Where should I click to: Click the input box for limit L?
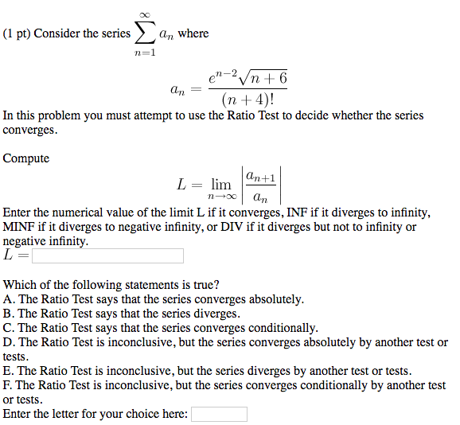click(107, 255)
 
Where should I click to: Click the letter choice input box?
click(219, 414)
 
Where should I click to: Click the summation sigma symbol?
click(145, 33)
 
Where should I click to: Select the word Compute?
click(26, 158)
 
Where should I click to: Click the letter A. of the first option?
click(9, 299)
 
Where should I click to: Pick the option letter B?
click(9, 314)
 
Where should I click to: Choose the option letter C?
click(9, 328)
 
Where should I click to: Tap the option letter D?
click(9, 342)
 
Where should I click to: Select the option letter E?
click(9, 371)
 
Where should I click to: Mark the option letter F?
click(9, 385)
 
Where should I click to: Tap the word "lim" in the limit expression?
click(220, 185)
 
